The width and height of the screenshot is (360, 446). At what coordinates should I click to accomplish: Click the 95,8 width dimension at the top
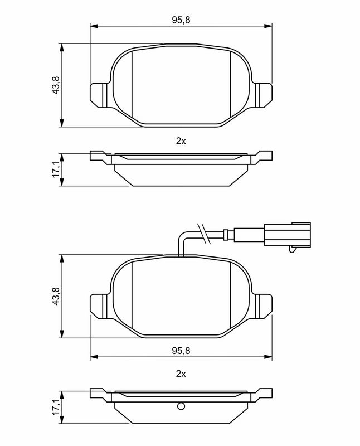[x=181, y=20]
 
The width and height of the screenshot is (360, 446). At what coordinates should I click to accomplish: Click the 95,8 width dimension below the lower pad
[x=181, y=351]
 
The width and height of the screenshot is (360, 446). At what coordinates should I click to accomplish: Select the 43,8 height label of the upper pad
[x=56, y=85]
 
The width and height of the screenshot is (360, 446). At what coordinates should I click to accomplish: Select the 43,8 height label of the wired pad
[x=56, y=296]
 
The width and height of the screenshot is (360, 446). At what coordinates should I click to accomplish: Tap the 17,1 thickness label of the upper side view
[x=56, y=169]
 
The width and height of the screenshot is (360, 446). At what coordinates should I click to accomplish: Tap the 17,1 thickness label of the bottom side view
[x=56, y=406]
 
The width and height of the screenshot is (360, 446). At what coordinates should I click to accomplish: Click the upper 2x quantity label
[x=181, y=141]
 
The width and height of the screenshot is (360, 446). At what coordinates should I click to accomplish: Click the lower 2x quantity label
[x=181, y=374]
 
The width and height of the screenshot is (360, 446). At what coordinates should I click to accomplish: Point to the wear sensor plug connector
[x=287, y=235]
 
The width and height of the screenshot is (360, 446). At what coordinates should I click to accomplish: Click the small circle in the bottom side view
[x=181, y=406]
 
